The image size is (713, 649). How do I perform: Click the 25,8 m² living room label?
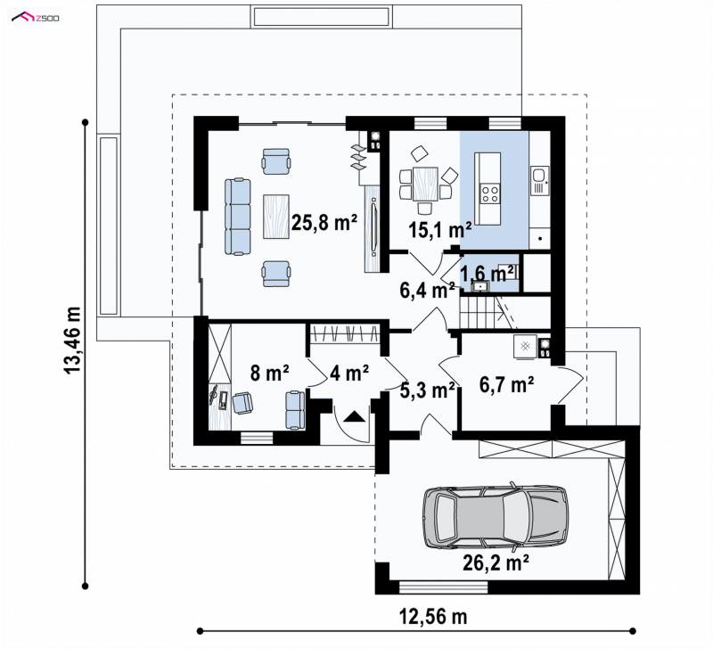pos(324,223)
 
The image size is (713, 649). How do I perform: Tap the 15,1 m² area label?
pos(439,231)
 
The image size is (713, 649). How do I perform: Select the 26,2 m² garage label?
pos(496,563)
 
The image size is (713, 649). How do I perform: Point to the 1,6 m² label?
pos(488,274)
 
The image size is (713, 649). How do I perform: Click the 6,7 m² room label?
pos(506,385)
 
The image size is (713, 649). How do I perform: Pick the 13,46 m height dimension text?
pos(72,341)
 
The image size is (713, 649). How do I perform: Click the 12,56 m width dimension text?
pos(433,617)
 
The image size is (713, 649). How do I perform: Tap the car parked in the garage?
pos(496,517)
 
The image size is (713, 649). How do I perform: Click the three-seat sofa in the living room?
pos(237,217)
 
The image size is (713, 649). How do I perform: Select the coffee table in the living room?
pos(276,216)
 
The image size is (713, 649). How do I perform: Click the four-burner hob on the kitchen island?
pos(489,193)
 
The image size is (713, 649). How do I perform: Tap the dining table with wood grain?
pos(426,185)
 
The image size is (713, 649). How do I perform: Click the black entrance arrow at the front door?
pos(354,417)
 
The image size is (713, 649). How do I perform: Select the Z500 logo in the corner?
pos(36,18)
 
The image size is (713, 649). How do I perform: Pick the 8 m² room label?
pos(270,373)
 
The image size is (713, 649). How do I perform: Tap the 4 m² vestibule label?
pos(349,373)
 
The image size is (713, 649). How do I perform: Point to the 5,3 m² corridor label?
pos(428,390)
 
